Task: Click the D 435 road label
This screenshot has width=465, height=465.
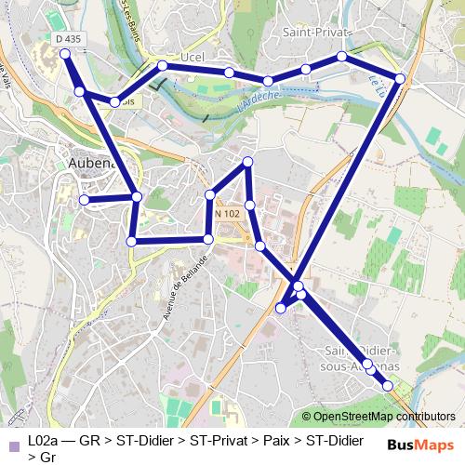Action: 68,39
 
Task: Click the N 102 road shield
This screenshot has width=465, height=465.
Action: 228,214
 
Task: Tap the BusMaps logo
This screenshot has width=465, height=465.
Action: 419,445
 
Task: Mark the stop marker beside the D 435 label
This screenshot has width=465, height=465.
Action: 66,55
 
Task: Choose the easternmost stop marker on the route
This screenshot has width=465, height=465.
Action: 400,78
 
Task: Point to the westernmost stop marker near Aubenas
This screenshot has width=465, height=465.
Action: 84,199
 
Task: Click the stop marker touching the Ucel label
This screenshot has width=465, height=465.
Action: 163,66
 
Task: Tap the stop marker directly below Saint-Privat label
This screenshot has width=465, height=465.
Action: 341,57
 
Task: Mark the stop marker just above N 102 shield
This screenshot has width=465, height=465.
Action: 211,195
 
